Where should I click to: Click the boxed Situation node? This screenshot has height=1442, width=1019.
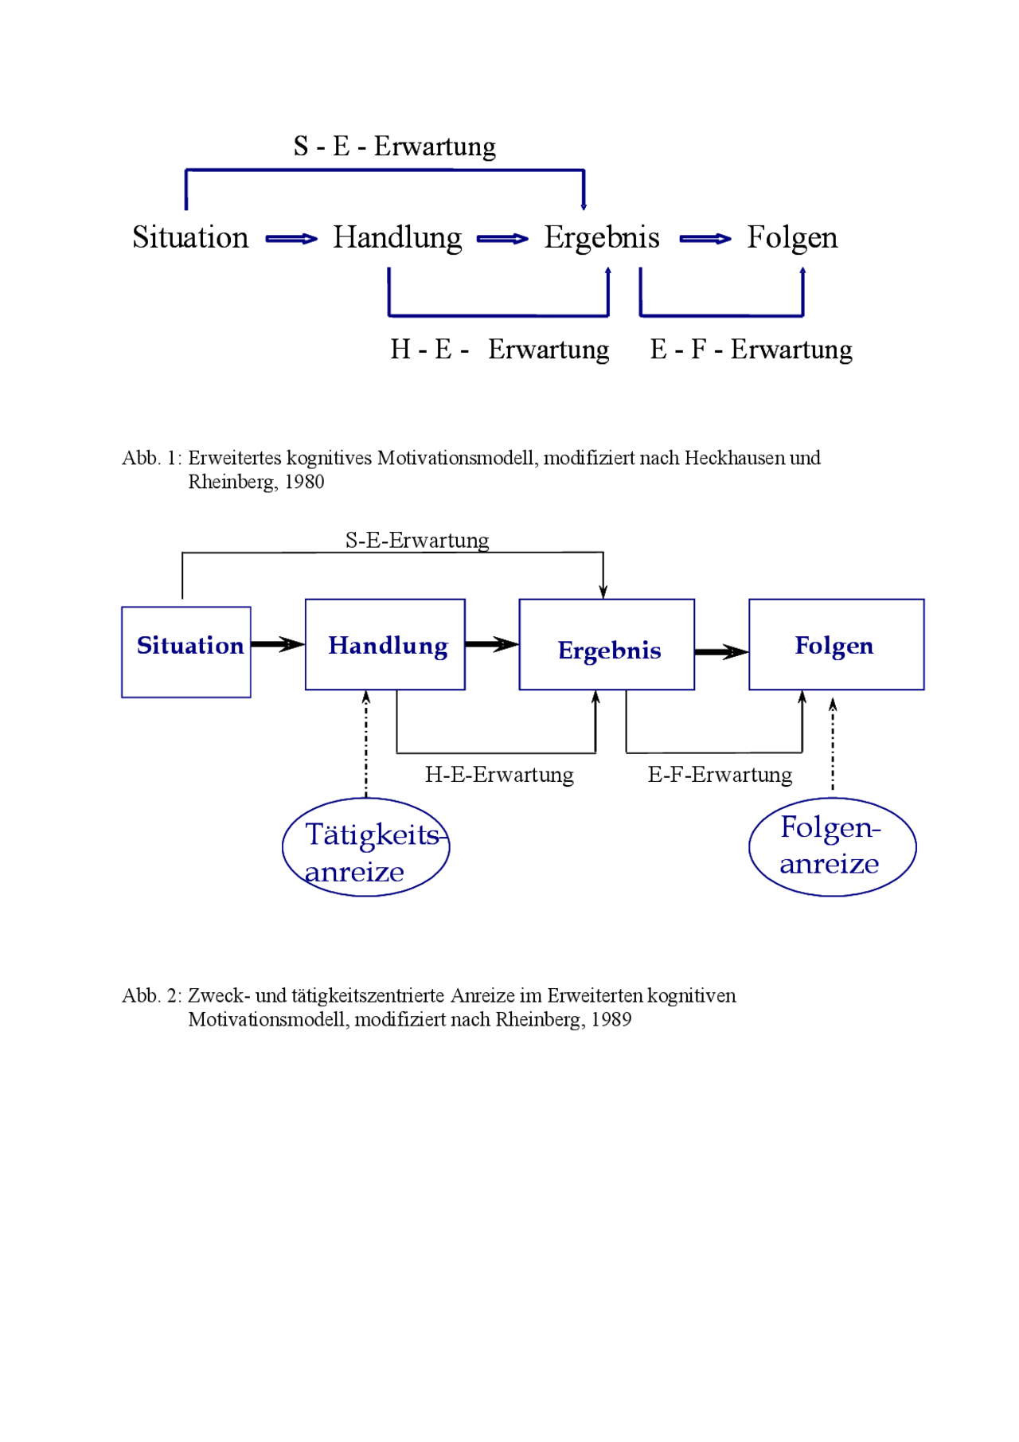pos(186,651)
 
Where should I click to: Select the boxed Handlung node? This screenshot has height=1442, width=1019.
pos(385,644)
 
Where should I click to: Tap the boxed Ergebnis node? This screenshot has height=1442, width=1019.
pos(607,644)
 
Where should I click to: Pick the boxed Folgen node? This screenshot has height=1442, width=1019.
pos(836,644)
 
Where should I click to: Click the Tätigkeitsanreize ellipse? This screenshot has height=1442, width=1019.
pos(366,847)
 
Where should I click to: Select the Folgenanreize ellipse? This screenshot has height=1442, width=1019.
pos(832,846)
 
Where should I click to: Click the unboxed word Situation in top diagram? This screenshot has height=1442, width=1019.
pos(190,237)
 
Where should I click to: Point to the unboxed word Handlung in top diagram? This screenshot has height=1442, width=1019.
pos(397,238)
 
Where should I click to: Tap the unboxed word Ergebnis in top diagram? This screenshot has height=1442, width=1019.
pos(602,238)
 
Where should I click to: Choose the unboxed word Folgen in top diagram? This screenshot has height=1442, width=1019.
pos(792,238)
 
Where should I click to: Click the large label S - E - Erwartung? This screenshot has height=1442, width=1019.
pos(395,147)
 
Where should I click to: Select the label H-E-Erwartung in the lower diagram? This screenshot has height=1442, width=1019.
pos(499,775)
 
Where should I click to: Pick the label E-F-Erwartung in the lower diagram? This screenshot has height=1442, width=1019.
pos(720,775)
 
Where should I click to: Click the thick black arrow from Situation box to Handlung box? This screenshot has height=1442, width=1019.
pos(278,644)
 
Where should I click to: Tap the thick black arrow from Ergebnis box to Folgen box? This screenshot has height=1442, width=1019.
pos(721,652)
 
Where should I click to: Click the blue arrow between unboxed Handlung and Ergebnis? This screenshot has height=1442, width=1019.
pos(502,239)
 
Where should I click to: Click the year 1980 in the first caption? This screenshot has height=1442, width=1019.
pos(305,483)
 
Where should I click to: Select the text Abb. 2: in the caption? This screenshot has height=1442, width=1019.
pos(151,996)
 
